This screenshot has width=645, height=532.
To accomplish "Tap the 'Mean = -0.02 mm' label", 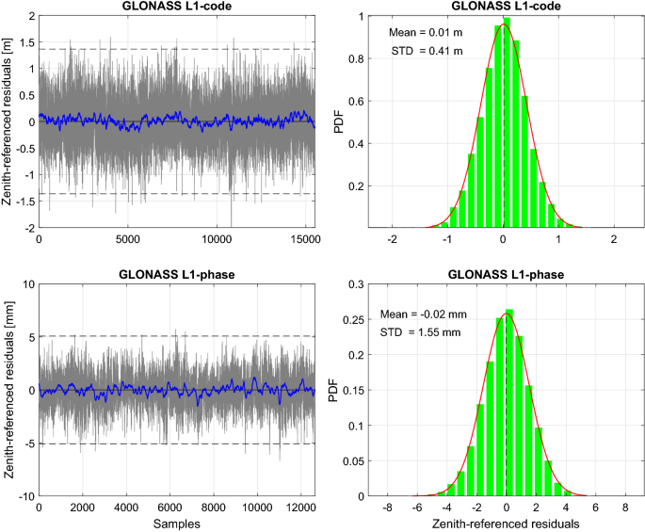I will [425, 314].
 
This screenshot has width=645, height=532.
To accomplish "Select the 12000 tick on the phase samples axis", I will [299, 508].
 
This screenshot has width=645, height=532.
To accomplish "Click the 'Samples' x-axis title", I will [177, 523].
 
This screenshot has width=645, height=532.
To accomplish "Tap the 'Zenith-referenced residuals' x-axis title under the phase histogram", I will [507, 523].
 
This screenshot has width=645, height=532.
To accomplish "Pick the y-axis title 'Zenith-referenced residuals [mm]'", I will [10, 389].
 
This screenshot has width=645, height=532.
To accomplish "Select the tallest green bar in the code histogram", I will [507, 122].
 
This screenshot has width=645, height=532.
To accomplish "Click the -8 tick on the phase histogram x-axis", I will [388, 508].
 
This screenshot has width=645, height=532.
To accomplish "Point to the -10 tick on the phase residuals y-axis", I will [23, 496].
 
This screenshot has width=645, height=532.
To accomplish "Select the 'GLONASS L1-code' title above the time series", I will [177, 7].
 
